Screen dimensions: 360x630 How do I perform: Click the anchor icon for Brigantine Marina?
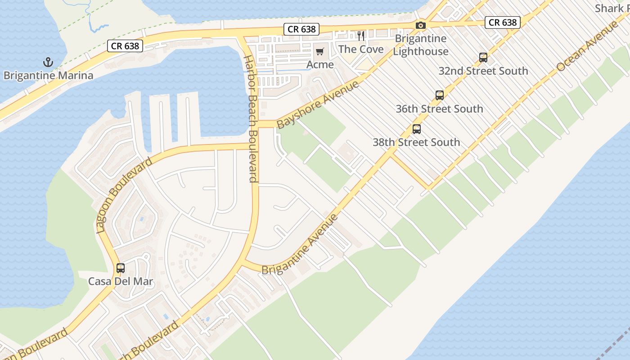click(48, 62)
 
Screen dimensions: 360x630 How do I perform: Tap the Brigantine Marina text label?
click(48, 75)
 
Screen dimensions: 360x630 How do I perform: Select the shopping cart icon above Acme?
click(319, 52)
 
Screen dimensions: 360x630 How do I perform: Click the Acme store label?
click(320, 64)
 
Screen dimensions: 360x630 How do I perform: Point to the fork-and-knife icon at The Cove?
click(361, 36)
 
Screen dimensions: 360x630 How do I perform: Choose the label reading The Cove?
click(361, 49)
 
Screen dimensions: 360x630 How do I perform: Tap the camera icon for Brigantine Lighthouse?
click(421, 26)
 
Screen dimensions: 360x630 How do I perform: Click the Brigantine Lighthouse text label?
click(420, 45)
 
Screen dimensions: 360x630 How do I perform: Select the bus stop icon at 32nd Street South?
click(483, 58)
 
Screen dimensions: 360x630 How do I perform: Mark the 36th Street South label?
click(439, 108)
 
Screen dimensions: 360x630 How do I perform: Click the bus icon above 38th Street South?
click(417, 129)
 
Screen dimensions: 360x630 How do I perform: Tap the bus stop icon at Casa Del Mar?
click(121, 268)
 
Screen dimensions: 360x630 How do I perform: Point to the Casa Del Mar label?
click(121, 282)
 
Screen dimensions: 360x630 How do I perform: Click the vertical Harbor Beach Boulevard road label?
click(251, 119)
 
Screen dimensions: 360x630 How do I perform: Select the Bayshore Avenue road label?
click(318, 105)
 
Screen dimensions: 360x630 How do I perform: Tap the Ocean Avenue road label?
click(588, 46)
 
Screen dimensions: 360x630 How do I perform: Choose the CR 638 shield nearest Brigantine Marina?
click(125, 45)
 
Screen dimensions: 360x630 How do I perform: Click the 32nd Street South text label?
click(483, 71)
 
